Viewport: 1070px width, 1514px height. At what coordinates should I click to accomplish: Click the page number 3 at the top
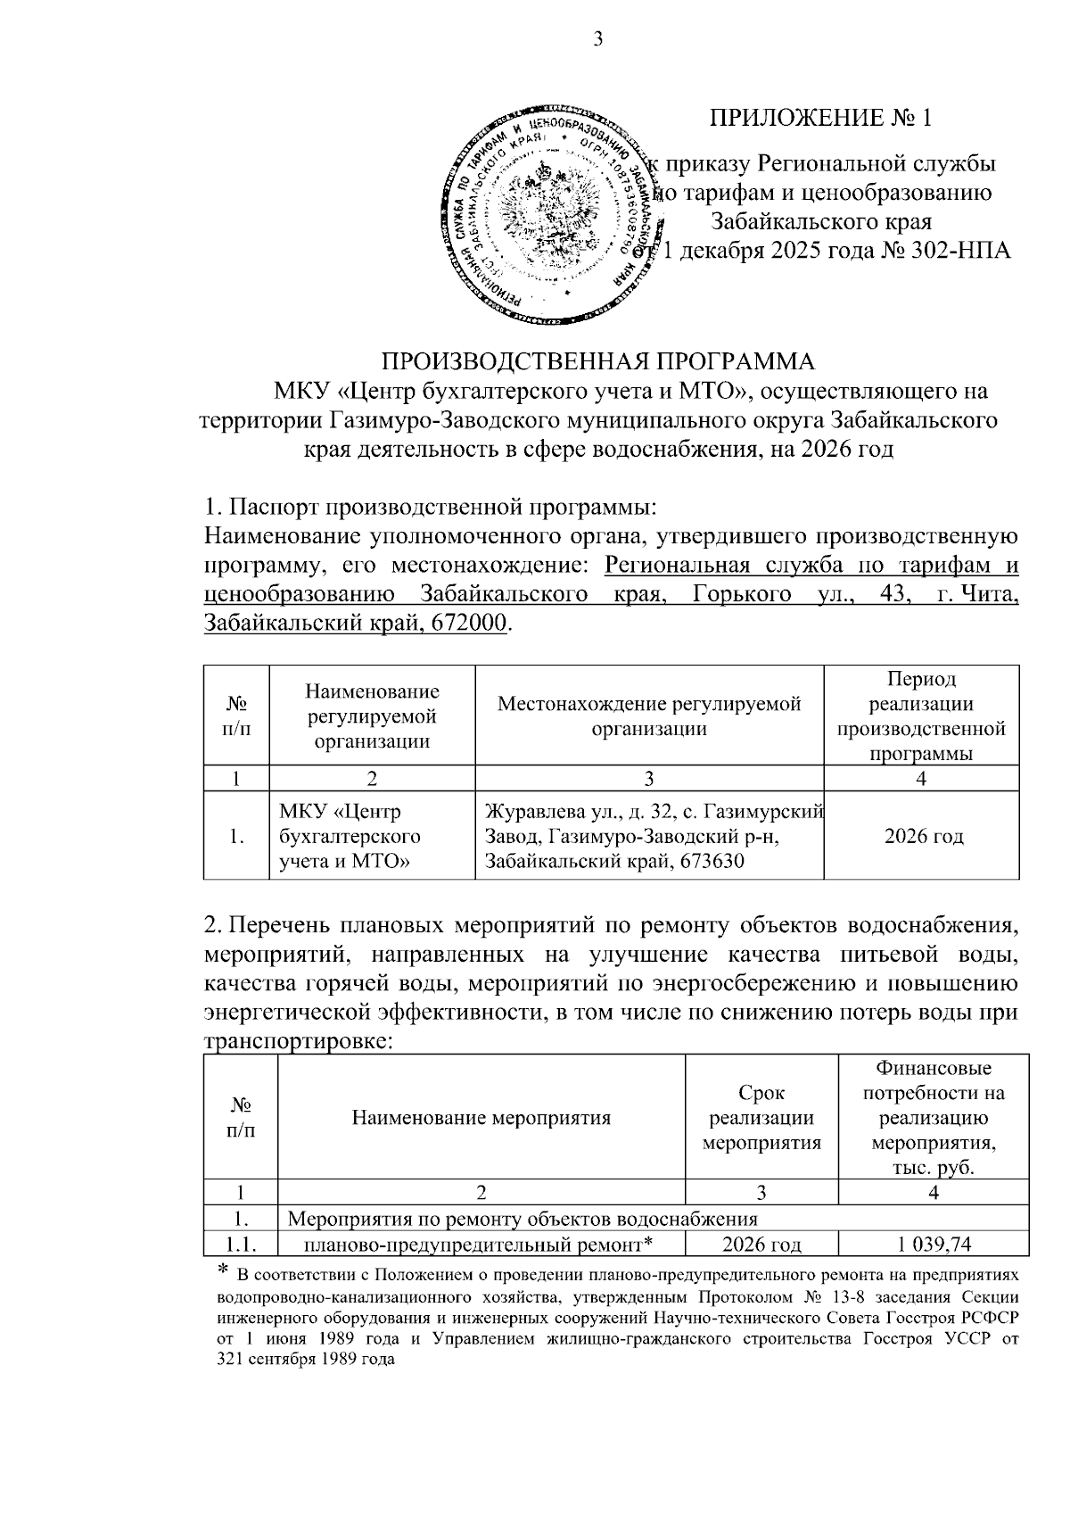tap(597, 39)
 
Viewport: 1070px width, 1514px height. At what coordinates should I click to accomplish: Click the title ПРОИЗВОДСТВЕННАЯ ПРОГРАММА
tap(598, 361)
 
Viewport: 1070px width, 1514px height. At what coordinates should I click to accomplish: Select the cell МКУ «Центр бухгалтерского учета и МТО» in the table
tap(350, 837)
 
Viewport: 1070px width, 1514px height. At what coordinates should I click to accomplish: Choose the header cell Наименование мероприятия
tap(481, 1118)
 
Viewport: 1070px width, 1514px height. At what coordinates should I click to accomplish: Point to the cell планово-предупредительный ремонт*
tap(481, 1245)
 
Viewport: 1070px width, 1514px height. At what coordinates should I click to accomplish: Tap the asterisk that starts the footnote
tap(224, 1271)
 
